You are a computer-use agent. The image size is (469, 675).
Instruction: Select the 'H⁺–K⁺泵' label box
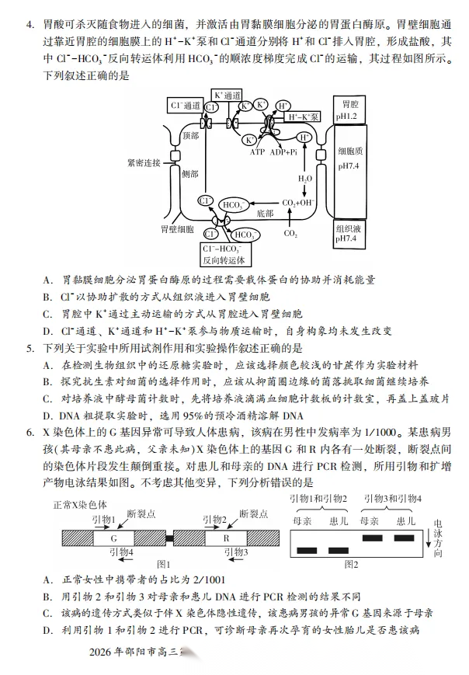(x=303, y=117)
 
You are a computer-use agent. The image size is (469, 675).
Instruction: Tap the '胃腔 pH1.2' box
(x=346, y=109)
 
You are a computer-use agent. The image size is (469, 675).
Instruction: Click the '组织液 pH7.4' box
(x=346, y=234)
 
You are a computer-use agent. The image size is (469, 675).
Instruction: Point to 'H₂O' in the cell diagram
(x=306, y=178)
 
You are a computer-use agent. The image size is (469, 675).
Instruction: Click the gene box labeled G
(x=113, y=537)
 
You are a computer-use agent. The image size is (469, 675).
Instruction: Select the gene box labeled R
(x=228, y=537)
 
